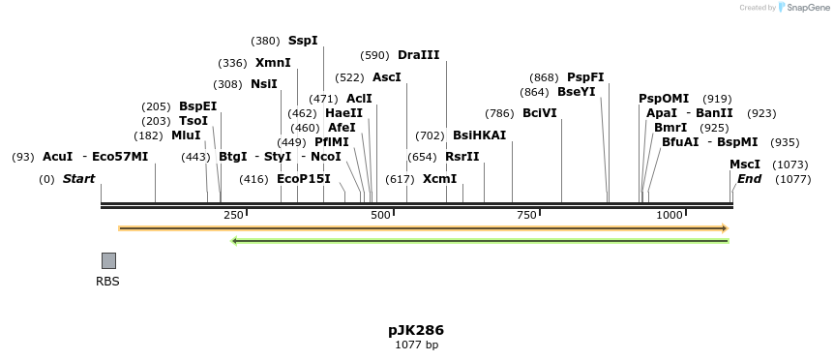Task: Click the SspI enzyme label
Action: [303, 41]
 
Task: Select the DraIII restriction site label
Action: [418, 55]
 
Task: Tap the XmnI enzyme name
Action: [273, 63]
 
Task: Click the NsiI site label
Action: [264, 84]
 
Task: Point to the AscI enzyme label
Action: [386, 77]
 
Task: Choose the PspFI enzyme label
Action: [585, 77]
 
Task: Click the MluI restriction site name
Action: [186, 135]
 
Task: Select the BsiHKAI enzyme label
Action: [479, 135]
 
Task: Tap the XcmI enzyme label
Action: [439, 179]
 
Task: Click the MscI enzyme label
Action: [744, 165]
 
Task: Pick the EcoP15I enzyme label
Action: [304, 179]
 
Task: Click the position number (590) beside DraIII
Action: [374, 55]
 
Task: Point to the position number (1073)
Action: [790, 165]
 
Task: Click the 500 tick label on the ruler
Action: [380, 215]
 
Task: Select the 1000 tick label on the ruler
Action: [670, 215]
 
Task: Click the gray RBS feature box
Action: [108, 260]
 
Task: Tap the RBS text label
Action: [107, 282]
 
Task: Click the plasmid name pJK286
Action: [416, 330]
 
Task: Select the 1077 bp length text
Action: [416, 345]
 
